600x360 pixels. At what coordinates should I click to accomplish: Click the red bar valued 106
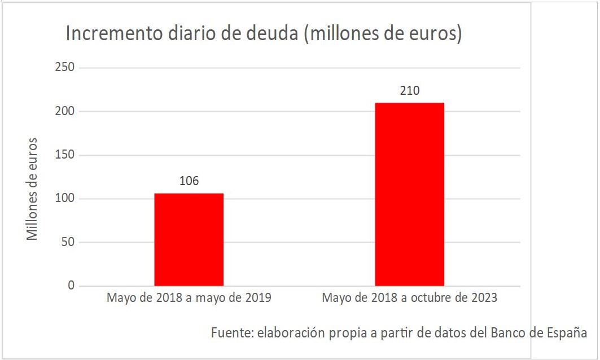click(189, 239)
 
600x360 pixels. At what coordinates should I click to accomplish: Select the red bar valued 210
click(409, 194)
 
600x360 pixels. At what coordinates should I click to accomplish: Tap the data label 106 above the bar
click(189, 181)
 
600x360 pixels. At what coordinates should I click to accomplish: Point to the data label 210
click(410, 90)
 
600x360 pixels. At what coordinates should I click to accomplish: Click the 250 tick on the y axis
click(64, 68)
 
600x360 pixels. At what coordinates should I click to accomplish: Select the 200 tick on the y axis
click(64, 111)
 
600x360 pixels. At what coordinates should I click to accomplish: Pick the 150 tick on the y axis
click(64, 155)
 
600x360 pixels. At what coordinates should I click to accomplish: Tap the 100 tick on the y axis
click(64, 199)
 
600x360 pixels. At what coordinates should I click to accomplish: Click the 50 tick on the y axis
click(67, 243)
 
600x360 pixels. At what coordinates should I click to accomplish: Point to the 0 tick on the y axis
click(71, 286)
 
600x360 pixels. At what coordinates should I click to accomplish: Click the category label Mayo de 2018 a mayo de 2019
click(189, 298)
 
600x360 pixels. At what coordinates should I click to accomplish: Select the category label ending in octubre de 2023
click(409, 298)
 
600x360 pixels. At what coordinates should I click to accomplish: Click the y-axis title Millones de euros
click(33, 188)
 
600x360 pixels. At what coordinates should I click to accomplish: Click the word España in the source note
click(567, 332)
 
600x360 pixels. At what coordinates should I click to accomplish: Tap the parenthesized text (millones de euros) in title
click(383, 34)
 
